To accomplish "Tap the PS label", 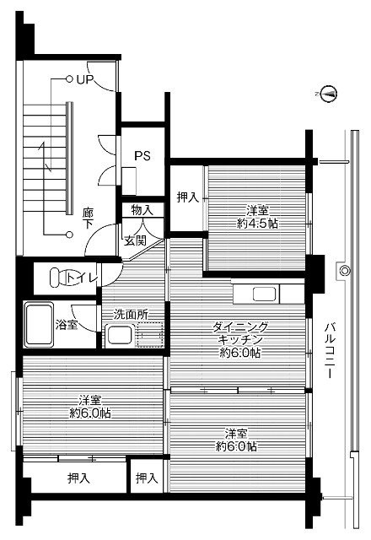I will point(142,155).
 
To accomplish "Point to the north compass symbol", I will point(331,92).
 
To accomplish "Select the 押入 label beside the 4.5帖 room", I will point(187,197).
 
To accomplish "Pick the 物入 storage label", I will point(142,209).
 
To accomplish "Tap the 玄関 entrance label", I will point(135,240).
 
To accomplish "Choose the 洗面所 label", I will point(132,314).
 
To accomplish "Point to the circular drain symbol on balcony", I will point(345,270).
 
